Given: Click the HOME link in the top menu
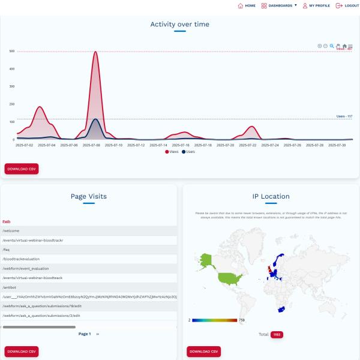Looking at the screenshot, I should [247, 5].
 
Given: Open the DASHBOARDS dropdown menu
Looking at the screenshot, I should [280, 5].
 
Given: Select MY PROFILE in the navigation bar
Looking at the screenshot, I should [316, 5].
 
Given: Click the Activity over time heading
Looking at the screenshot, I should [179, 25].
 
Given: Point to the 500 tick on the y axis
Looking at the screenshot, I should [12, 51].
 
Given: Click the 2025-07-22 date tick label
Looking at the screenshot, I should [248, 145].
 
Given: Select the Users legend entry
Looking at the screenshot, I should [188, 152].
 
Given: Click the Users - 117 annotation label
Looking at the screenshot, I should [344, 116].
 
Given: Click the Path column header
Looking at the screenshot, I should [7, 221].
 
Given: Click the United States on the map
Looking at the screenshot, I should [229, 277].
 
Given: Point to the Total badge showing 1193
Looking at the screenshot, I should [276, 334].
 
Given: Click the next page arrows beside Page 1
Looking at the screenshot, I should [98, 334].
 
